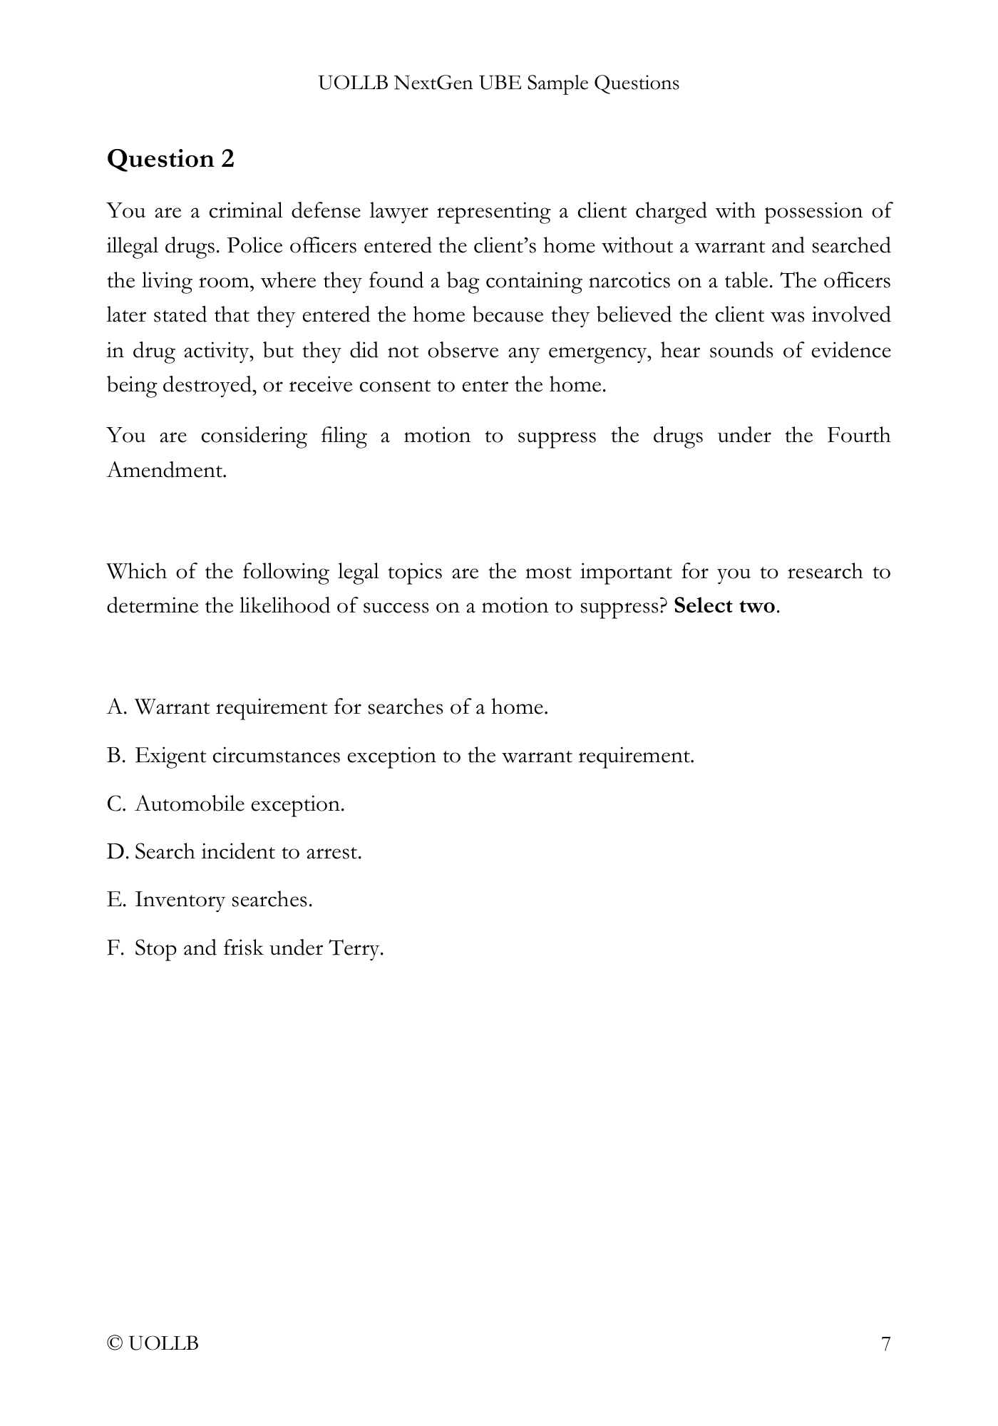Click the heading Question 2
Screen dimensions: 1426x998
pos(170,158)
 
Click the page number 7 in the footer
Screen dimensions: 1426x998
pos(885,1344)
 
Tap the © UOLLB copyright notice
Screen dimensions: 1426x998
pos(153,1344)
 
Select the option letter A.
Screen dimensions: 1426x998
pos(116,707)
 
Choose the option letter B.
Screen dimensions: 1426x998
pos(115,756)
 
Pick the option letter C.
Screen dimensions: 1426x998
pos(115,804)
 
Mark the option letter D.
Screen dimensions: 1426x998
pos(116,852)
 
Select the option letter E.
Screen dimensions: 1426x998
pos(115,900)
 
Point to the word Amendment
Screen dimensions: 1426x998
pos(166,470)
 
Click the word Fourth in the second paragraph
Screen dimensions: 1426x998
pos(858,435)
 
